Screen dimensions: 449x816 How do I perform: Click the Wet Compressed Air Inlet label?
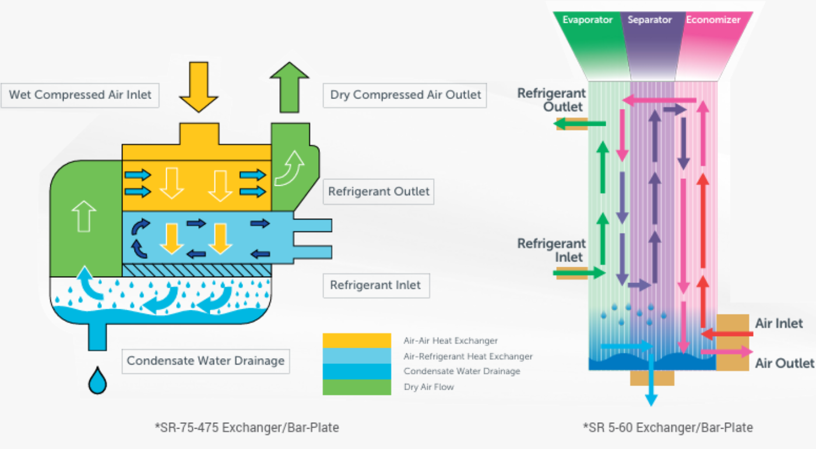tap(80, 95)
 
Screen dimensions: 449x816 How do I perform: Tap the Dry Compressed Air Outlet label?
tap(406, 95)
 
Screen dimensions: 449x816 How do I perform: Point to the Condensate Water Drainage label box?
tap(206, 361)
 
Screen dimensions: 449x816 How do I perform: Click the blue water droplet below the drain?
tap(98, 381)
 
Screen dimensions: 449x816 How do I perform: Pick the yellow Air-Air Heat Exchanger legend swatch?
tap(357, 341)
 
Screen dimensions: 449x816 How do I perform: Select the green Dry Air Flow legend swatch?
tap(357, 387)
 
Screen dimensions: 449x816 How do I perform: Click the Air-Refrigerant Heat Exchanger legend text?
tap(468, 356)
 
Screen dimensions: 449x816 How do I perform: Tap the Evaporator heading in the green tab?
tap(588, 20)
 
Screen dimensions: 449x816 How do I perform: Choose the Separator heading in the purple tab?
tap(650, 20)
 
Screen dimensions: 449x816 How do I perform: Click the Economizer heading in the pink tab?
tap(713, 20)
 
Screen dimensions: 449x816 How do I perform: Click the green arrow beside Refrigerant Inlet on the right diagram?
tap(580, 272)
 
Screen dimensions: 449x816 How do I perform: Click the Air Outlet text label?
tap(784, 363)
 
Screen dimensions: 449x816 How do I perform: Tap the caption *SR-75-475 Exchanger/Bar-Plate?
tap(247, 427)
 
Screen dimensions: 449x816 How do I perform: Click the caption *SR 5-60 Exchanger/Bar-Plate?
tap(668, 427)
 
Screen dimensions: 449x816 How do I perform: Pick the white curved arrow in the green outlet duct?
tap(289, 168)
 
